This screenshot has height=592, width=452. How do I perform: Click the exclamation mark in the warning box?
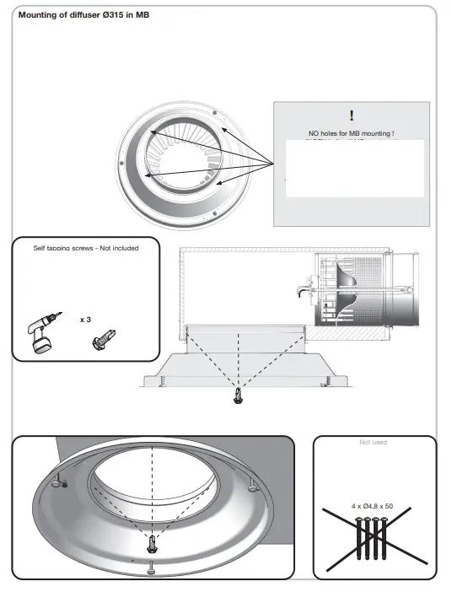tap(352, 116)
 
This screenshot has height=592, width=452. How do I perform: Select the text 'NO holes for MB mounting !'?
tap(352, 134)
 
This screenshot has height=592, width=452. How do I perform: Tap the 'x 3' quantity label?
tap(85, 320)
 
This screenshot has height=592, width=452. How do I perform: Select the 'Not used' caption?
tap(372, 443)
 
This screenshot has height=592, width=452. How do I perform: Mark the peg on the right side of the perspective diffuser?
tap(252, 487)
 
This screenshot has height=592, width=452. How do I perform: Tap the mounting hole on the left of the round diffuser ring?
tap(121, 163)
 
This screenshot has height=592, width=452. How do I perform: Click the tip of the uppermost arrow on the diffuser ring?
tap(151, 132)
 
